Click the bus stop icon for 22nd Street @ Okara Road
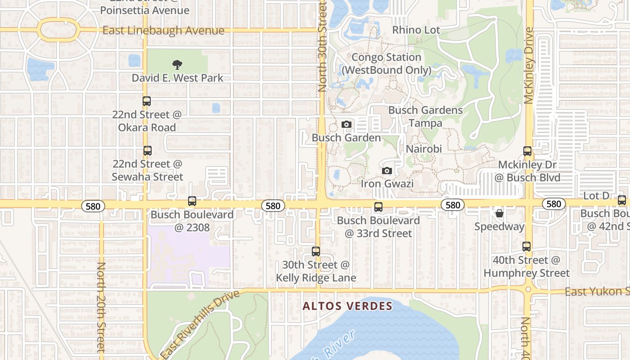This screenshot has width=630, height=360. point(147,101)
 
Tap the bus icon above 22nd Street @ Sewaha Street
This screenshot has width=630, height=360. point(147,151)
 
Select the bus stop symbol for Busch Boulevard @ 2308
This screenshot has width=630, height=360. point(192,201)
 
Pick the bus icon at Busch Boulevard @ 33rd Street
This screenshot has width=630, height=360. point(378,207)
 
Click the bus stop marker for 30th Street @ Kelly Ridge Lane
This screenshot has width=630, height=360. point(316,252)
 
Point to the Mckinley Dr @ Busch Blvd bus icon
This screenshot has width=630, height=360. point(527,151)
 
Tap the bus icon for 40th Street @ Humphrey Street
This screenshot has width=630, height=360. point(526,247)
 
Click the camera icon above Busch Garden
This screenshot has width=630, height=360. point(346,124)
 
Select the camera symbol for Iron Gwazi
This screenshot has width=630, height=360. point(387,171)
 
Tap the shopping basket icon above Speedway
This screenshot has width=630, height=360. point(499,213)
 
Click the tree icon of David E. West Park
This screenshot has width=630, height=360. point(177,65)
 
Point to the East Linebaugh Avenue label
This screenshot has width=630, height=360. point(163,31)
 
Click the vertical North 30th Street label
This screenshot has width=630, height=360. point(322,47)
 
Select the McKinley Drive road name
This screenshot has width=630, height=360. point(529,65)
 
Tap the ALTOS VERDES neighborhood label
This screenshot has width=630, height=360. point(347,306)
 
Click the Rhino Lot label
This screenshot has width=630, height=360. point(416,30)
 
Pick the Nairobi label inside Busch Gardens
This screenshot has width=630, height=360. point(424,149)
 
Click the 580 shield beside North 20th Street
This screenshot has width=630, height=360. point(93,206)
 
